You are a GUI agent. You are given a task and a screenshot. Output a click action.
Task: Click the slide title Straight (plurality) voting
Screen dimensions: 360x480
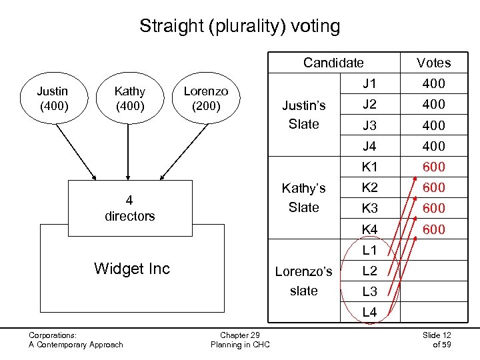[239, 27]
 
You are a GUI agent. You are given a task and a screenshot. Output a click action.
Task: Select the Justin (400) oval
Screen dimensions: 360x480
[53, 98]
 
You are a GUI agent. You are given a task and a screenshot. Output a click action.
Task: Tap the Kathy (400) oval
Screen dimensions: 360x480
[129, 98]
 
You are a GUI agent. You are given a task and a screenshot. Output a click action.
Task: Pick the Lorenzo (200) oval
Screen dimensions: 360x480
[205, 98]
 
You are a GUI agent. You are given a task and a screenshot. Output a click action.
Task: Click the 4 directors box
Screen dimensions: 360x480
[129, 208]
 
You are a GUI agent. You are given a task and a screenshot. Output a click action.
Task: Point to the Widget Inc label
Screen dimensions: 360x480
[132, 269]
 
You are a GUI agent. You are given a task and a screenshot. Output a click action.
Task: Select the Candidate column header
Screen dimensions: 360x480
[333, 63]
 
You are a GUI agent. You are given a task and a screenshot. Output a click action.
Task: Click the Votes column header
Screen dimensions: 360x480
[433, 63]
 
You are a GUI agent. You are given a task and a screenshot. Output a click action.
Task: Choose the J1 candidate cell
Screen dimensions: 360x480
[369, 84]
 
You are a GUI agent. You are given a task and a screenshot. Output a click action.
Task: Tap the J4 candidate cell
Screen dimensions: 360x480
[369, 146]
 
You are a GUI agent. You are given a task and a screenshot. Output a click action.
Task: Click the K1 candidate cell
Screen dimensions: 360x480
[369, 167]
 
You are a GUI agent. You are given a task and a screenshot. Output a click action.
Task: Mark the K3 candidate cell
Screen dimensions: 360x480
[369, 208]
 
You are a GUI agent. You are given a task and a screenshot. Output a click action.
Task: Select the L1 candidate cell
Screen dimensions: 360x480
[369, 251]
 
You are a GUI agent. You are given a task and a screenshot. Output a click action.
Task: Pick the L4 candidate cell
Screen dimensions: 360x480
[369, 312]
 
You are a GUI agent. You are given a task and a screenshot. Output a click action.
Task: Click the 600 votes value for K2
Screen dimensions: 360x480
[433, 187]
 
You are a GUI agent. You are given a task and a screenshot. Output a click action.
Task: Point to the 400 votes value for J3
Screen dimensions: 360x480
[433, 125]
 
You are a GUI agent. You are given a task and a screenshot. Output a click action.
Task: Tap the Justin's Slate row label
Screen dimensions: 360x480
[304, 115]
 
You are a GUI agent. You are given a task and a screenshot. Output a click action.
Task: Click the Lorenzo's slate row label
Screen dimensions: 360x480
[304, 281]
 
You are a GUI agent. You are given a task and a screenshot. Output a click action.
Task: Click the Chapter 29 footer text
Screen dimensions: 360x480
[240, 335]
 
